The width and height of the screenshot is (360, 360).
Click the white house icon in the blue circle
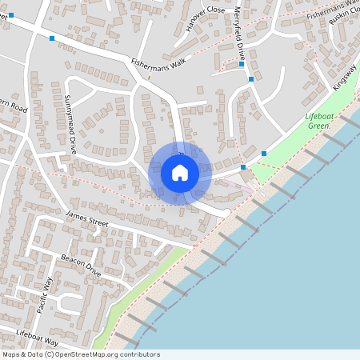180,173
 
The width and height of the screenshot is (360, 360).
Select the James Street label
86,218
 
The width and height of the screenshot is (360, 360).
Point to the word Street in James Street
95,222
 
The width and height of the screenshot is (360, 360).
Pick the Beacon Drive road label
81,266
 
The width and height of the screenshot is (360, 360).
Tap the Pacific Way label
43,294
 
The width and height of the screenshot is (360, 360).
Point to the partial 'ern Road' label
14,107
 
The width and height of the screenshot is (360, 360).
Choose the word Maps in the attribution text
10,354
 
